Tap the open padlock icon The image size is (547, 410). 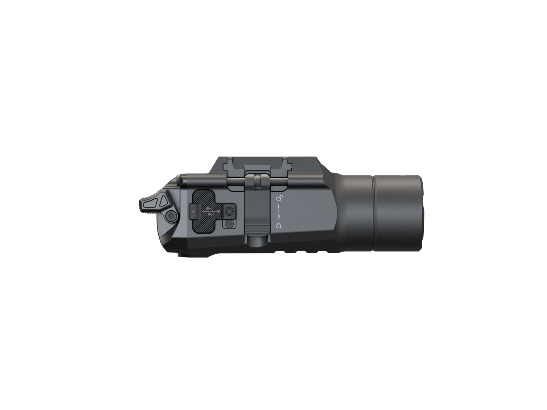click(x=279, y=198)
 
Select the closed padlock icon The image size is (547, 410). click(x=279, y=226)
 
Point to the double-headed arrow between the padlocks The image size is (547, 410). click(x=279, y=212)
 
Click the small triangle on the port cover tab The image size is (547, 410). click(x=194, y=211)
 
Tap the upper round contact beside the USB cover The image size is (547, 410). click(x=229, y=211)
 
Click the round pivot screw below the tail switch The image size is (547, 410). click(x=171, y=216)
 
